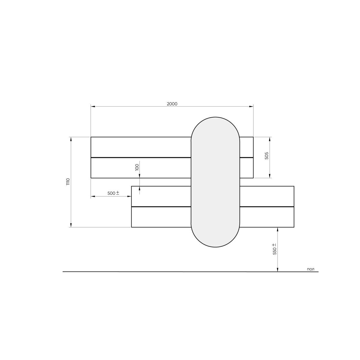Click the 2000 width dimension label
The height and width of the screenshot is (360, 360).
pyautogui.click(x=172, y=104)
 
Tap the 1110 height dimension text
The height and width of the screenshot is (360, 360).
pyautogui.click(x=68, y=181)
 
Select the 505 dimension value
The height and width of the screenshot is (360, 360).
pyautogui.click(x=267, y=156)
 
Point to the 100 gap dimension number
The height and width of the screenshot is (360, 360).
pyautogui.click(x=137, y=167)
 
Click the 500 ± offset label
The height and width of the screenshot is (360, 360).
pyautogui.click(x=113, y=193)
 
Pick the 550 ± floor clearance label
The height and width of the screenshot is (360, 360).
pyautogui.click(x=274, y=249)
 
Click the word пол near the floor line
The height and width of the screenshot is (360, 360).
pyautogui.click(x=310, y=269)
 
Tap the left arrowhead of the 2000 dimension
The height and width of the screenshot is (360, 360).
pyautogui.click(x=93, y=106)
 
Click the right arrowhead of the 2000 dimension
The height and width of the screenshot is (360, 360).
pyautogui.click(x=251, y=106)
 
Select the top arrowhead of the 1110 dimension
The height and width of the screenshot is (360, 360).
pyautogui.click(x=71, y=139)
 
